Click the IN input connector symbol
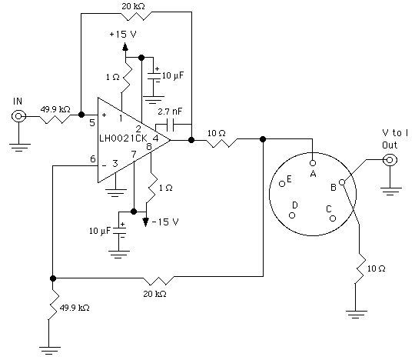[18, 116]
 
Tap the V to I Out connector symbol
[390, 160]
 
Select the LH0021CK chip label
[123, 138]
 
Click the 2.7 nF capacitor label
[170, 112]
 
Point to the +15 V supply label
[123, 34]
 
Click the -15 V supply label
[165, 222]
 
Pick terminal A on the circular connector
[313, 162]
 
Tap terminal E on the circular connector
[282, 183]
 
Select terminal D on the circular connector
[292, 215]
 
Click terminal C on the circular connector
[333, 218]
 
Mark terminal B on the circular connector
[342, 182]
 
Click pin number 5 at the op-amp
[92, 122]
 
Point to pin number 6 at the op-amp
[93, 159]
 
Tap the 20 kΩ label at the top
[134, 6]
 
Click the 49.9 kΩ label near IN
[55, 109]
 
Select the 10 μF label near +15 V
[173, 75]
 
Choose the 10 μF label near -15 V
[100, 231]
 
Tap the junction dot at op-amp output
[191, 140]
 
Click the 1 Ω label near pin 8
[166, 188]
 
